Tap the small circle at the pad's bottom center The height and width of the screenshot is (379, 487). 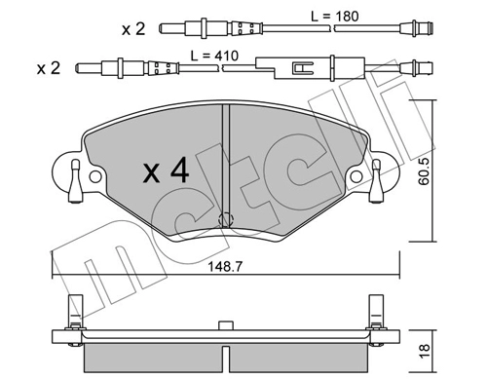[x=226, y=219]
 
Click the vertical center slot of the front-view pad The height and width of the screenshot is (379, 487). [x=225, y=161]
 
